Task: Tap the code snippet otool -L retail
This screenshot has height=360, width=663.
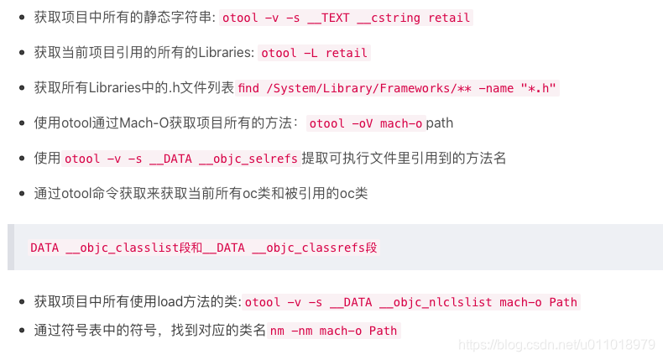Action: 315,53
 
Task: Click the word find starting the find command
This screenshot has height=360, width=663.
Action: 249,88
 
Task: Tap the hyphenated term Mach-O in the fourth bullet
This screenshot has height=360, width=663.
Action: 144,123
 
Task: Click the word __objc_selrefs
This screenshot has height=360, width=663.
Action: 251,159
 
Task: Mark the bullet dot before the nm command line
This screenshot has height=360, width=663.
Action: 21,331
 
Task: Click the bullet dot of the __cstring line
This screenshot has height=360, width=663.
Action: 21,18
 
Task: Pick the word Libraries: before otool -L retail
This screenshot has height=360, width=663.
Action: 225,53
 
